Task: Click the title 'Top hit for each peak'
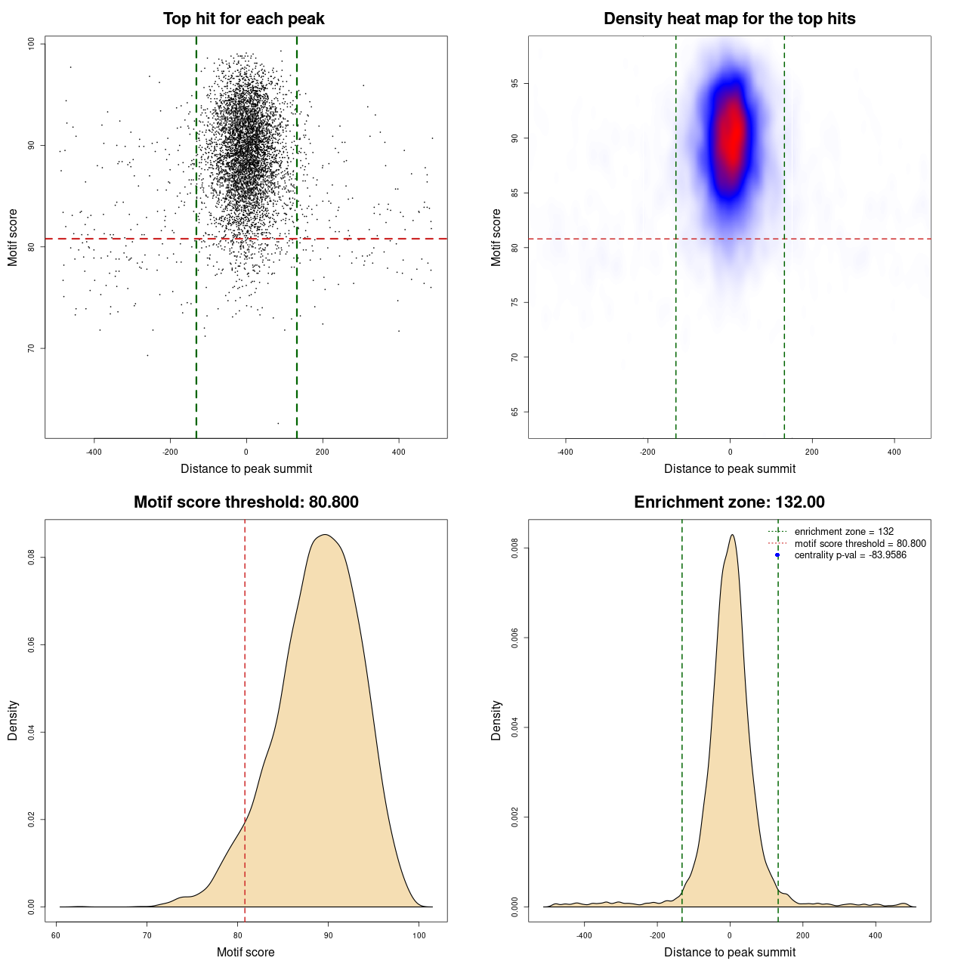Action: click(243, 19)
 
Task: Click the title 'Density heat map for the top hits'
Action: click(729, 19)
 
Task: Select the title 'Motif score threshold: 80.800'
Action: click(246, 502)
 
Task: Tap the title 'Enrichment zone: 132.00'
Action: click(729, 502)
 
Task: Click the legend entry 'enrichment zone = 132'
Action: click(844, 532)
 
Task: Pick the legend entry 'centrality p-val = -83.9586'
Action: click(850, 555)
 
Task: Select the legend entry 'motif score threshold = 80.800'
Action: click(860, 544)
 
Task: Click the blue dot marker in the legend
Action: click(777, 555)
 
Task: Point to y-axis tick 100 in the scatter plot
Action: click(32, 44)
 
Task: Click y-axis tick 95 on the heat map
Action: click(515, 83)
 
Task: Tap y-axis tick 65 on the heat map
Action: click(515, 412)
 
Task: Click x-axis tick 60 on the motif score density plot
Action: click(56, 935)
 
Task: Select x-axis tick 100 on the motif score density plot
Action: click(419, 935)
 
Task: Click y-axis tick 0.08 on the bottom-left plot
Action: click(32, 558)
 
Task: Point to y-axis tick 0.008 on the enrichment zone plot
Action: click(515, 548)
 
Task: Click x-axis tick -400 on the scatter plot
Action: click(94, 452)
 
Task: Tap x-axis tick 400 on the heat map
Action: click(894, 452)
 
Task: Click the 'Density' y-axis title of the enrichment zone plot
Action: click(496, 720)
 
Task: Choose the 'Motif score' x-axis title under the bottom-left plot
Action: click(246, 952)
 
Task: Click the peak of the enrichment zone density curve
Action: click(732, 535)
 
